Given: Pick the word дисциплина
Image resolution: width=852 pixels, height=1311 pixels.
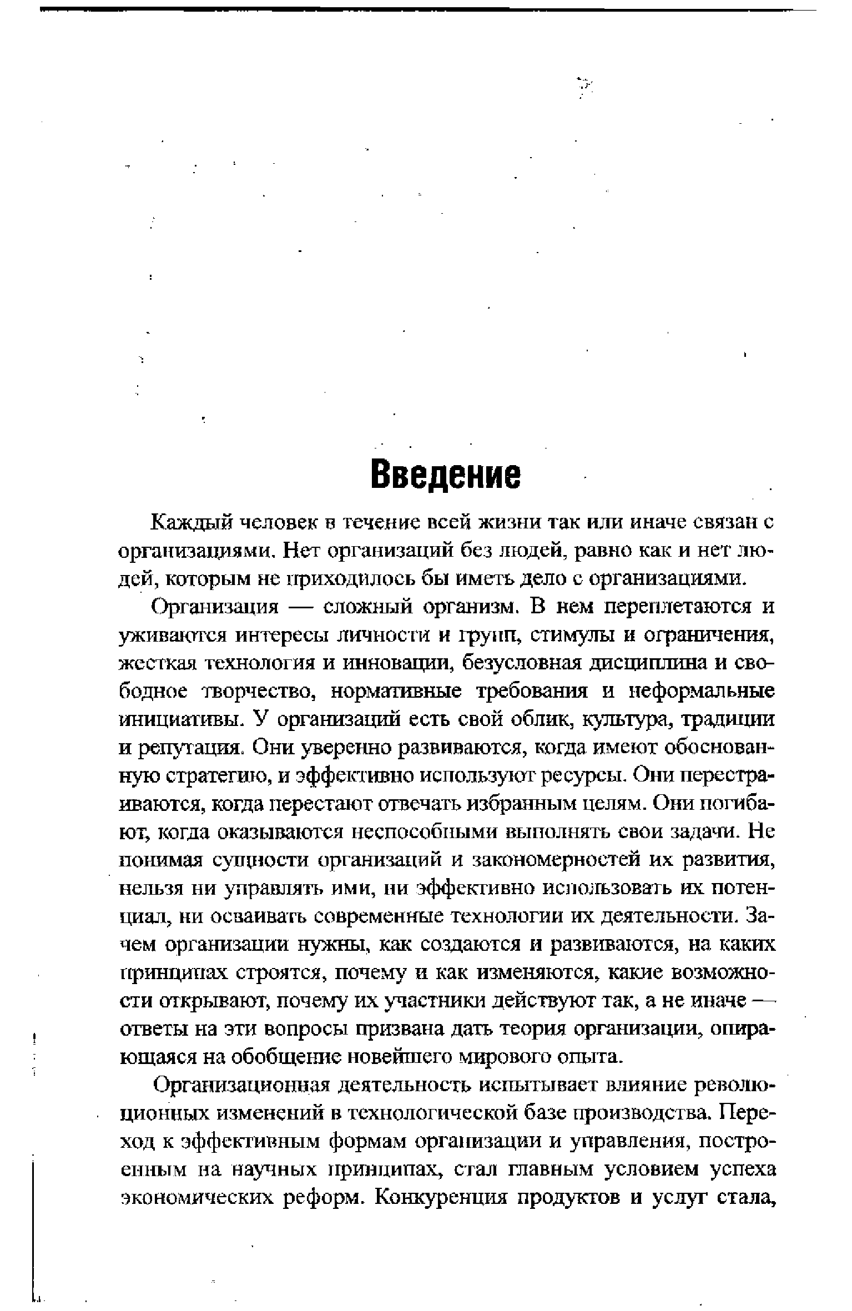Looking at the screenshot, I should (x=647, y=663).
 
